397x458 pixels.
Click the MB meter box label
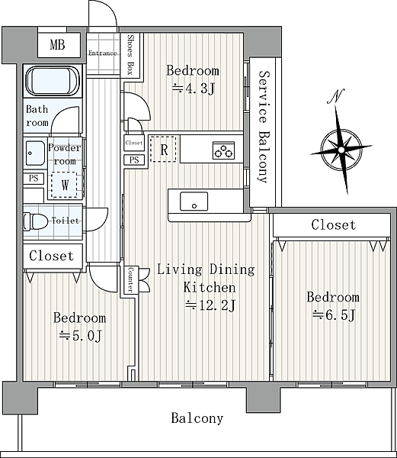click(57, 45)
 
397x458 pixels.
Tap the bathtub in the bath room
click(53, 81)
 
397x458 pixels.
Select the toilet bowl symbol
click(36, 221)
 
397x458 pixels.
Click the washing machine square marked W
click(65, 185)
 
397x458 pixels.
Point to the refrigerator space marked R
click(163, 149)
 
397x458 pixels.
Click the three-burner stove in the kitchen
click(223, 150)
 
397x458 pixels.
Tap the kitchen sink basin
click(194, 202)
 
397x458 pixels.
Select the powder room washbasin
click(35, 153)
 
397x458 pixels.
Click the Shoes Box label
click(130, 54)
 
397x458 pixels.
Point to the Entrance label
click(103, 53)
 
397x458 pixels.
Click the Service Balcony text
click(263, 127)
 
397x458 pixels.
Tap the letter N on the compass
click(336, 96)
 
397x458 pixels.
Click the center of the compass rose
click(341, 150)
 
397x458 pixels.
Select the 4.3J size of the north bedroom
click(193, 89)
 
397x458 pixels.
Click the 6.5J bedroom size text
click(334, 315)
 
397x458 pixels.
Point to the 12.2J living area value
click(210, 305)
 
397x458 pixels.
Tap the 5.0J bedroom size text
click(80, 336)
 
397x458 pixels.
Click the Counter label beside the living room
click(130, 279)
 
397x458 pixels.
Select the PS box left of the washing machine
click(34, 178)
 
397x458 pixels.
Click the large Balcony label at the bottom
click(197, 418)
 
